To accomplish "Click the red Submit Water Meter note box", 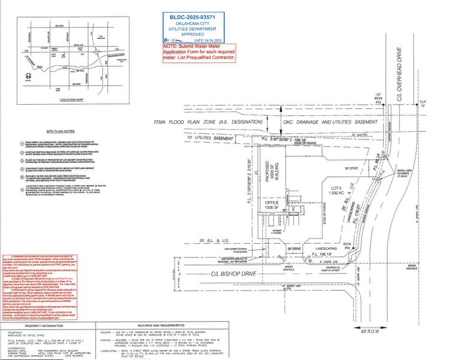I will tap(193, 52).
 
